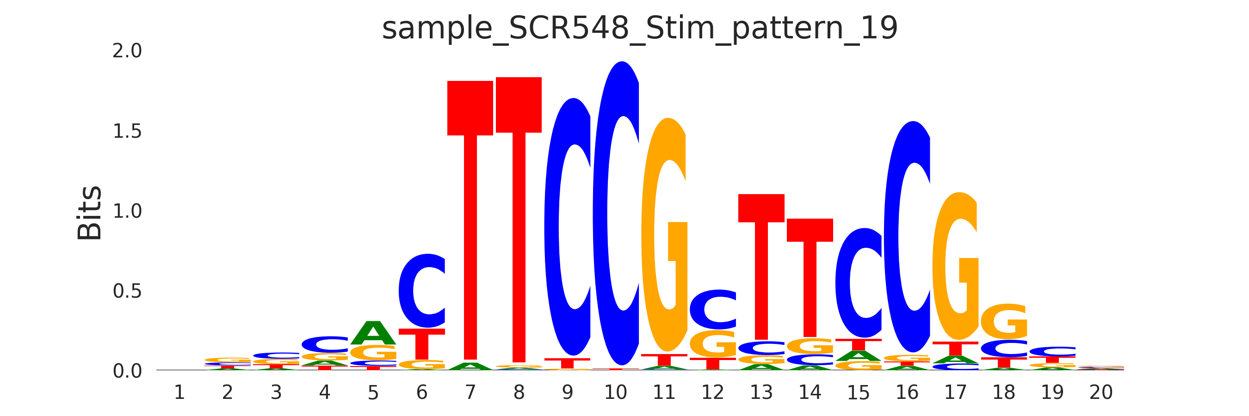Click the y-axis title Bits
pos(90,213)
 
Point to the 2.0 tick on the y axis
pos(127,51)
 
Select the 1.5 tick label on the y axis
pos(127,131)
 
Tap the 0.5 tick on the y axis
pos(127,291)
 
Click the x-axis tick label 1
pos(179,392)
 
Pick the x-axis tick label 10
pos(615,392)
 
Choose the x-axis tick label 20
pos(1101,392)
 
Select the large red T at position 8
pos(518,218)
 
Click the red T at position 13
pos(761,266)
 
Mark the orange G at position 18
pos(1004,322)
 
